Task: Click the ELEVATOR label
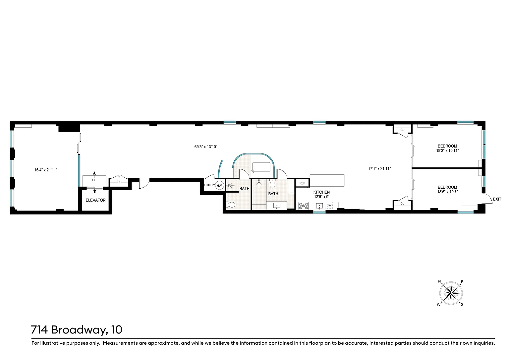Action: coord(95,200)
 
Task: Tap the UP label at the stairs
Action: coord(94,180)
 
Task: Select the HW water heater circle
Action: coord(219,186)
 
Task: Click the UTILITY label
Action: coord(209,185)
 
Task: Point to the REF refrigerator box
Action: coord(302,183)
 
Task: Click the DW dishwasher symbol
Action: coord(329,205)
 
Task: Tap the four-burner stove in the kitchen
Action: coord(304,206)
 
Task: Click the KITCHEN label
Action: coord(321,192)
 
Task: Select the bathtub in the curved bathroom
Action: coord(261,167)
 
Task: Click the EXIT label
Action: coord(497,199)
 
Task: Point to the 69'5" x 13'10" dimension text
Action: coord(206,147)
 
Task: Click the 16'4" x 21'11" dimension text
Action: coord(46,170)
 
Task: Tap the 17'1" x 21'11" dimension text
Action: coord(379,169)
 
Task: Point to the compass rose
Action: coord(451,293)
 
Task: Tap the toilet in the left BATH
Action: coord(231,205)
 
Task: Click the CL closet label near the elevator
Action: coord(119,181)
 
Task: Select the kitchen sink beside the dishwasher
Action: coord(319,206)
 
